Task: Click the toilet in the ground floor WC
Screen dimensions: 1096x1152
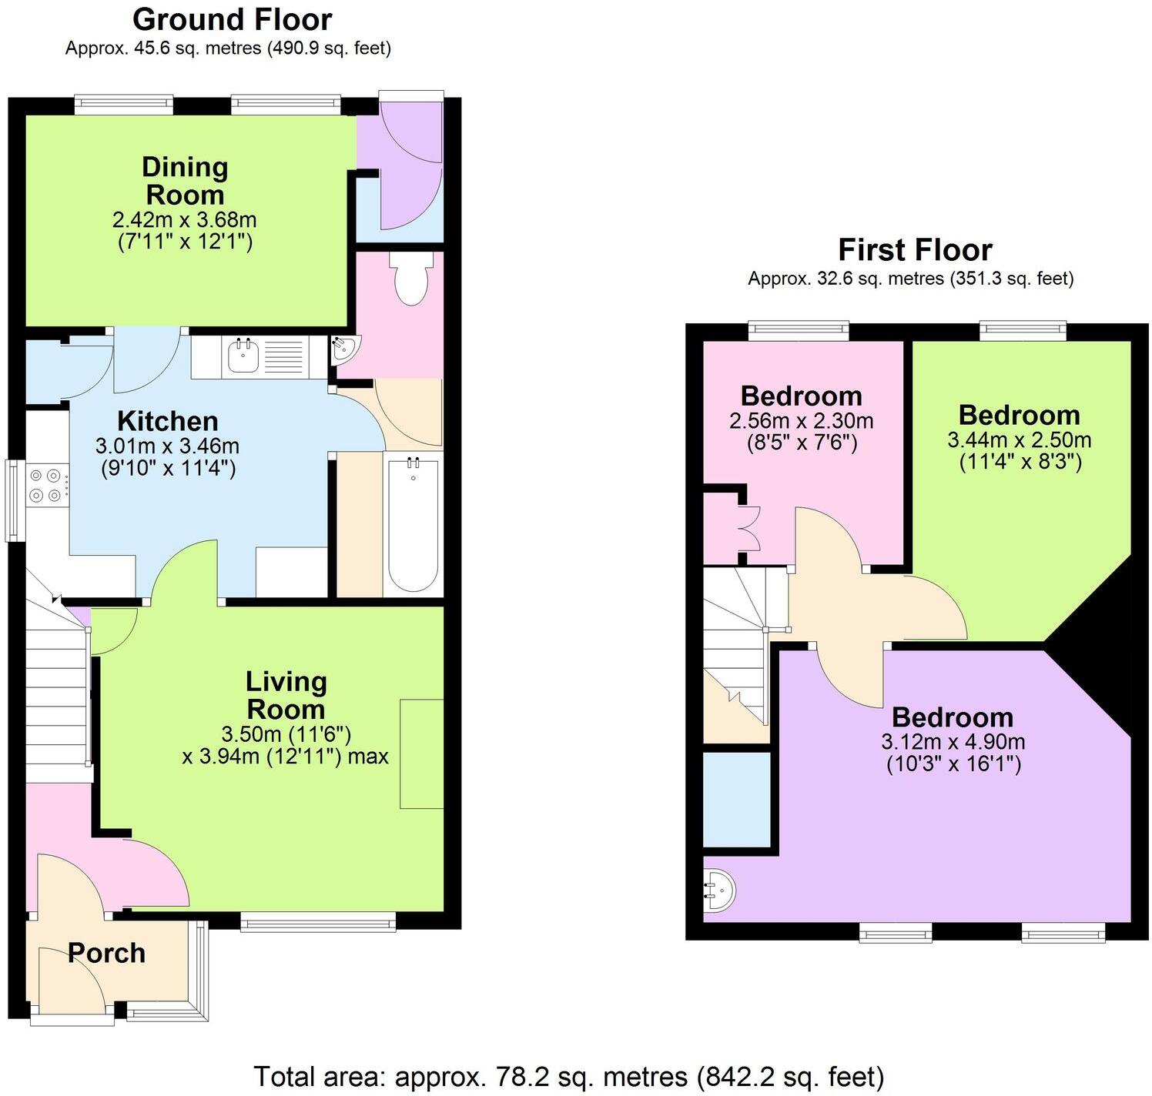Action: pos(410,282)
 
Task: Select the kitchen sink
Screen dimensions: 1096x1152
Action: pos(244,356)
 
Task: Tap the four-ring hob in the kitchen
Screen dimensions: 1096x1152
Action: pos(45,486)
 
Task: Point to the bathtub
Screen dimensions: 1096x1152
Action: pos(413,524)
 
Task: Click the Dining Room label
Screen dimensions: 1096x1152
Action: pos(185,181)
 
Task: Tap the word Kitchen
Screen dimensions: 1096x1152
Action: pos(167,421)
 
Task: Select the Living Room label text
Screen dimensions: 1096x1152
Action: pos(286,695)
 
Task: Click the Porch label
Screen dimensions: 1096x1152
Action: pos(106,953)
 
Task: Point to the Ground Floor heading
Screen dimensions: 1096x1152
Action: pos(232,18)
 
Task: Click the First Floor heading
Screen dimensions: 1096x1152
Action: pos(914,250)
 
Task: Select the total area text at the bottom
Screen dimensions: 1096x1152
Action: pos(568,1076)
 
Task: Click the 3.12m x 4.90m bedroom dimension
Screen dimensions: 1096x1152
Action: pos(953,742)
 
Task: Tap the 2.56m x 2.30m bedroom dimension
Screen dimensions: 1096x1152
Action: pos(801,421)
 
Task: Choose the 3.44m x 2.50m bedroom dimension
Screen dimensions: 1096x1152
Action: pos(1019,440)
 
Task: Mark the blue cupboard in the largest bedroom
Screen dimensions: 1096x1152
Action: pos(737,799)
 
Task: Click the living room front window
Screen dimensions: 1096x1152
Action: pos(318,922)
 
